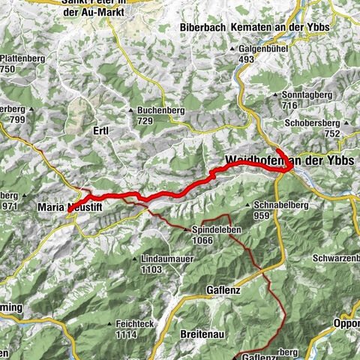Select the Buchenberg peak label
click(x=162, y=111)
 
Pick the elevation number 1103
click(x=151, y=269)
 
